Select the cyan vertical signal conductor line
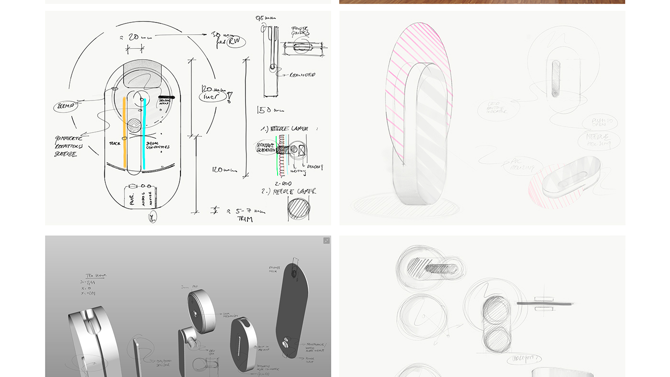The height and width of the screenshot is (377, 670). [x=144, y=134]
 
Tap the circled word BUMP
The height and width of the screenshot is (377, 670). [x=65, y=106]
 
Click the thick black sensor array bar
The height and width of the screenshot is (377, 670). [x=166, y=98]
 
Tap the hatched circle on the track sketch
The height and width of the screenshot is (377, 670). [x=134, y=126]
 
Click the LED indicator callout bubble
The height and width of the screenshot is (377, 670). [x=498, y=109]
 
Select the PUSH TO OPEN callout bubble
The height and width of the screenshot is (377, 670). [x=599, y=122]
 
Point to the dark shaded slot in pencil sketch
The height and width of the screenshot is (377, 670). [x=555, y=78]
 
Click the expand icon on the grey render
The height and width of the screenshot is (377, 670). [x=326, y=241]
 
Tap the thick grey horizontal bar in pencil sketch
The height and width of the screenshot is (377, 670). [x=545, y=303]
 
